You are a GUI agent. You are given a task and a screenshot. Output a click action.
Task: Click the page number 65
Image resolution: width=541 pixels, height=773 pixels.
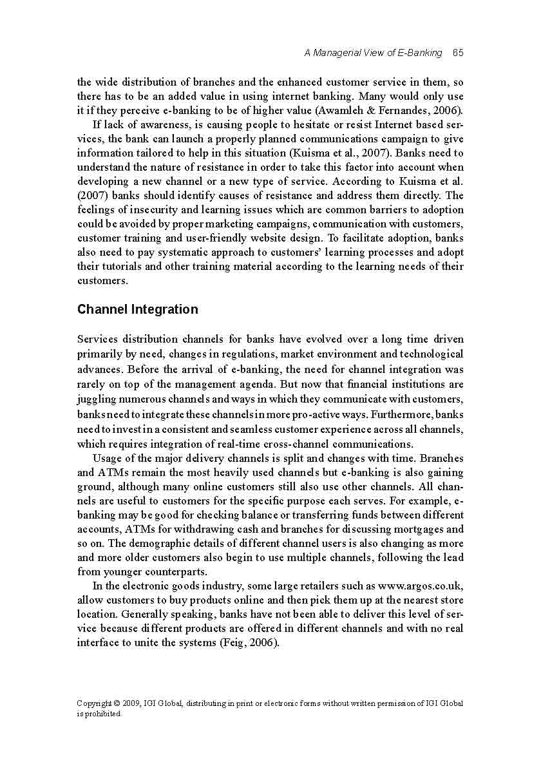(x=458, y=53)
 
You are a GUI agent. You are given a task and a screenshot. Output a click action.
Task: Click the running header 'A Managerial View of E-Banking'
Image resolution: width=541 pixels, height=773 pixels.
(x=373, y=53)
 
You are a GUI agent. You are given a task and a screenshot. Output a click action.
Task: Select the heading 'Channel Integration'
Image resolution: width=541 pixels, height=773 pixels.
(x=138, y=309)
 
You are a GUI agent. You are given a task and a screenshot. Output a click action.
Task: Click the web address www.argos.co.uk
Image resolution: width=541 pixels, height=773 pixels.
(x=420, y=586)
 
